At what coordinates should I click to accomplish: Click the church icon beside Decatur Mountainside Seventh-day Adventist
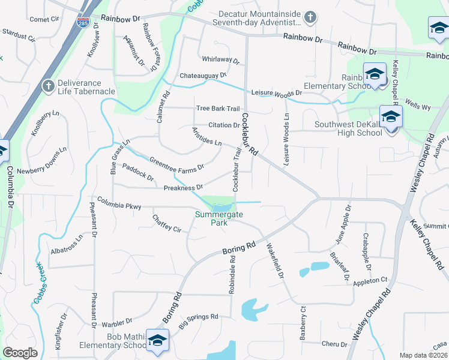pyautogui.click(x=310, y=16)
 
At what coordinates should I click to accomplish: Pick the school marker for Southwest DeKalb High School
pyautogui.click(x=390, y=117)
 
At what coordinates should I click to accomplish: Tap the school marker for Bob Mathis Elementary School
pyautogui.click(x=157, y=340)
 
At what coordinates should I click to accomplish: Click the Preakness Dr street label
pyautogui.click(x=183, y=188)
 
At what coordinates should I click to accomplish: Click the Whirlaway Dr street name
pyautogui.click(x=220, y=61)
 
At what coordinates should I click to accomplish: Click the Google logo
pyautogui.click(x=20, y=353)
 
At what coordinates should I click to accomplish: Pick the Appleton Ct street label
pyautogui.click(x=370, y=281)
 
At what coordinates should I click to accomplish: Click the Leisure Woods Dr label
pyautogui.click(x=276, y=94)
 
